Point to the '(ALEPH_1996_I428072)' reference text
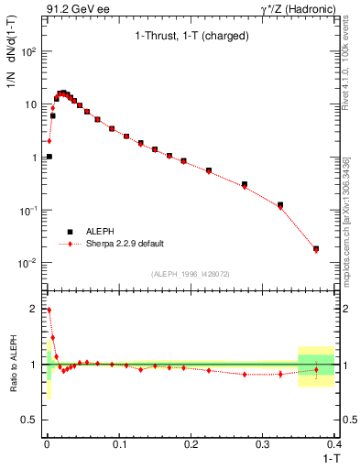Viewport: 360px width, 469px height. click(x=190, y=274)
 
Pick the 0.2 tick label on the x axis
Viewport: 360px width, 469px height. click(x=190, y=447)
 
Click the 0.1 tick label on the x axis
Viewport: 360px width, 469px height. click(x=118, y=447)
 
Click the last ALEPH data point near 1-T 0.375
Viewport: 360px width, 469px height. click(x=316, y=248)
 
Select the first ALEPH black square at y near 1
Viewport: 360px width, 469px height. click(x=49, y=157)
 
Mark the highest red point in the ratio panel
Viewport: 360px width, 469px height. click(x=49, y=310)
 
